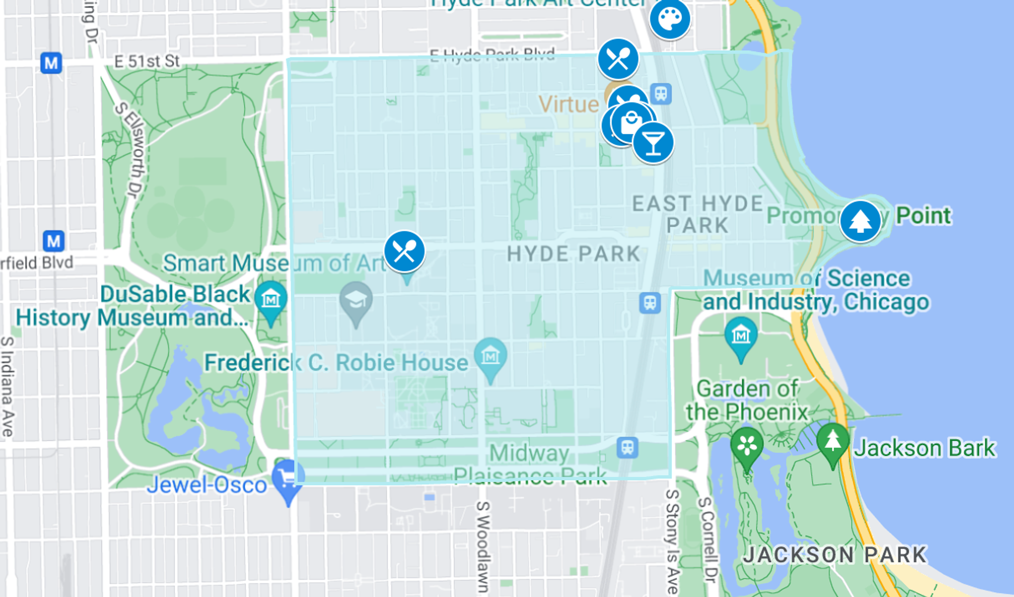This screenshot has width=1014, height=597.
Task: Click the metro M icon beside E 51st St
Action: point(51,63)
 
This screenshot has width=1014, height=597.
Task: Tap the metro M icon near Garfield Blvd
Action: point(53,241)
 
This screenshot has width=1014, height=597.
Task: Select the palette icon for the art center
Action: point(670,19)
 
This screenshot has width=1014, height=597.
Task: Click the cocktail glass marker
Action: point(653,143)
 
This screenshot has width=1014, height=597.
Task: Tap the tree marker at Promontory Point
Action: point(860,221)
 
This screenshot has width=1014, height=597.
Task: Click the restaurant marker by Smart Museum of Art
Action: point(405,251)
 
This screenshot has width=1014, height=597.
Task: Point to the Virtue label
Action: point(568,104)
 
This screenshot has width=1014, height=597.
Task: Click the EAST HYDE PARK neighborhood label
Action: point(698,214)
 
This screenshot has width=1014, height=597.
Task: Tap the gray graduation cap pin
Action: point(356,300)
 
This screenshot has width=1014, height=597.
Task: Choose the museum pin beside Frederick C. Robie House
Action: point(491,356)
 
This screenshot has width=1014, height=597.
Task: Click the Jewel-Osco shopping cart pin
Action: point(288,479)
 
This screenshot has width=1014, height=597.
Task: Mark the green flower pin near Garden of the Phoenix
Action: point(747,445)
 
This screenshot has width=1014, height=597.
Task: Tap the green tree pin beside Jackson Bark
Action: point(832,440)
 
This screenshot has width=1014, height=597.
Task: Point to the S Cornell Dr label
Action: point(708,539)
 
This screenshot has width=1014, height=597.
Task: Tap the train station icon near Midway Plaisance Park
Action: point(627,447)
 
